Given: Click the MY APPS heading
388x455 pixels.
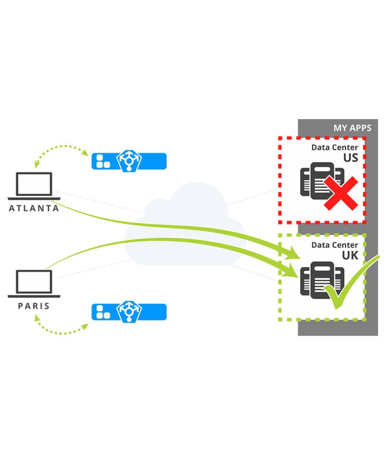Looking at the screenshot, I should pyautogui.click(x=352, y=128).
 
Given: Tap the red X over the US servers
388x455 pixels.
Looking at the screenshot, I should pyautogui.click(x=340, y=193).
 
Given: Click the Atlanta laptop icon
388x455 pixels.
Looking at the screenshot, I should pyautogui.click(x=34, y=186).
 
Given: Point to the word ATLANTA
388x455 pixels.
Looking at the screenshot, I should pyautogui.click(x=34, y=208).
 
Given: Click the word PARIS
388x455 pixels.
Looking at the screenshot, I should pyautogui.click(x=34, y=306).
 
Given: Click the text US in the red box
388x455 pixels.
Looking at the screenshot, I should pyautogui.click(x=350, y=158).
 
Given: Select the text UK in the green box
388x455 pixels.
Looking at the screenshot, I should pyautogui.click(x=350, y=255).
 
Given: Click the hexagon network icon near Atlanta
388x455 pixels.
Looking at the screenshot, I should pyautogui.click(x=129, y=161).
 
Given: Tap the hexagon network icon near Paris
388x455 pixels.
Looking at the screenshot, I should pyautogui.click(x=129, y=312).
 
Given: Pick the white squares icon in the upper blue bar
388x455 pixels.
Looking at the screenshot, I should pyautogui.click(x=103, y=161).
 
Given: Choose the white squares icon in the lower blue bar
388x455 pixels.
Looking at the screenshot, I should pyautogui.click(x=103, y=312).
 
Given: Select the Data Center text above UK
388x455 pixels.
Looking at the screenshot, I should pyautogui.click(x=334, y=245).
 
